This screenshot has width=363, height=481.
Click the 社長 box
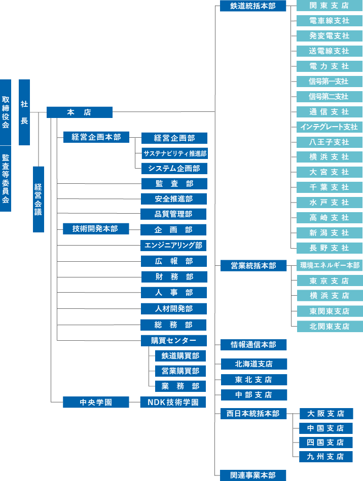(24, 112)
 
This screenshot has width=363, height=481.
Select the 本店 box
(79, 112)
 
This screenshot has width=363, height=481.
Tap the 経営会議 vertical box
(39, 199)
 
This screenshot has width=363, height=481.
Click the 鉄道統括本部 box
(253, 6)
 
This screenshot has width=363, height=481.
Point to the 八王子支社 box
(329, 142)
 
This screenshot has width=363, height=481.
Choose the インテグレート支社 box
(329, 127)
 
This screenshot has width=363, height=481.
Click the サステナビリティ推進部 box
(174, 153)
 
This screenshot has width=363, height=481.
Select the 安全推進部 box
(174, 198)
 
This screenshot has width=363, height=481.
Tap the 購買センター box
(174, 340)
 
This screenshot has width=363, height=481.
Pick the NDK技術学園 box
(173, 403)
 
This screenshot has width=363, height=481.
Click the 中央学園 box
(96, 403)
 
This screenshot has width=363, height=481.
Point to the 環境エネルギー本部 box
(330, 265)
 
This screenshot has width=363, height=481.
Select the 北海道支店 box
(253, 364)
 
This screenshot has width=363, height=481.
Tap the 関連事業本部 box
(253, 475)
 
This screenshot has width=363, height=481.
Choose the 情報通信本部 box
(253, 345)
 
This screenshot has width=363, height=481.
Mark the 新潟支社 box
(329, 233)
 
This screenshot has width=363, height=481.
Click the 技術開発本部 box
(96, 229)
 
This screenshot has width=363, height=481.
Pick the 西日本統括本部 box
(253, 414)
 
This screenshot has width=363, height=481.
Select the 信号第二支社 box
(329, 96)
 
